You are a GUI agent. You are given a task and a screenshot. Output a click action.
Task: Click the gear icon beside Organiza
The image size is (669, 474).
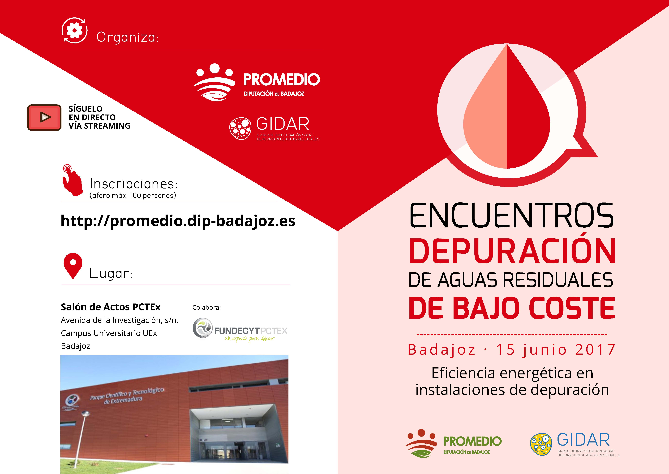[x=74, y=30]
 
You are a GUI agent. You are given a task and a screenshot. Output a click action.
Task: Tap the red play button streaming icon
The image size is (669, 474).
[x=44, y=117]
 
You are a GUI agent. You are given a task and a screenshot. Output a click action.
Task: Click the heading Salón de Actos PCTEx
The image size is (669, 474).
[x=111, y=307]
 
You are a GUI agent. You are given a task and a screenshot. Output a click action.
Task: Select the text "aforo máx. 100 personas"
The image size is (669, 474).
[x=133, y=195]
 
